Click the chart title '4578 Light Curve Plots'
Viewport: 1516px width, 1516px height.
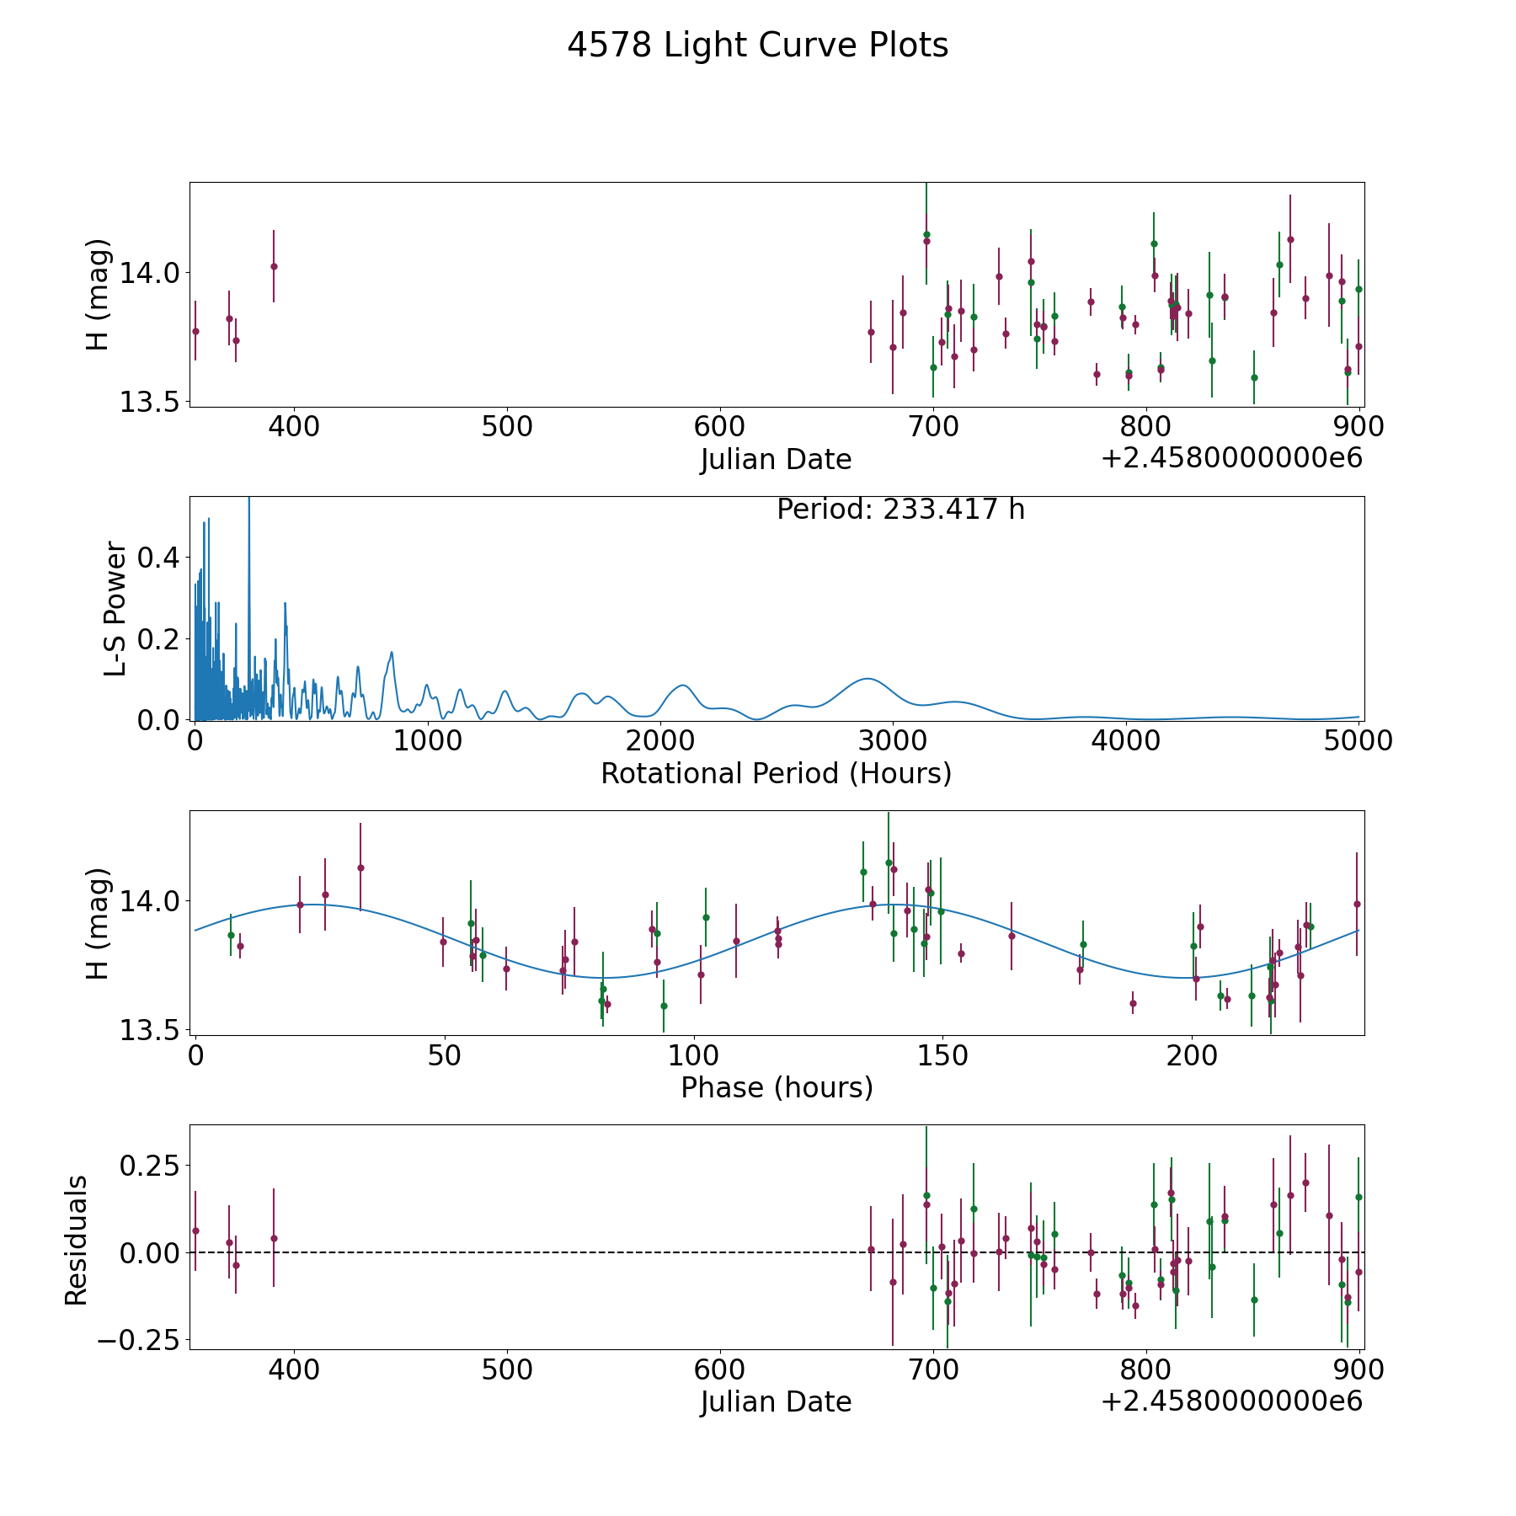757,45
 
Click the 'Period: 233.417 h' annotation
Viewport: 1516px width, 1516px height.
900,510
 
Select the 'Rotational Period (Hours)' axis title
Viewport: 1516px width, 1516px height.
776,773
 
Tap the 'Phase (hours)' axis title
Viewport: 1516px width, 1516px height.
777,1087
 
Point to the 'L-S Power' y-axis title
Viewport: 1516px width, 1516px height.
115,609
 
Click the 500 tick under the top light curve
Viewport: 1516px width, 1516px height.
507,427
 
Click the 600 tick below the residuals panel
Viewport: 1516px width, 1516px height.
720,1370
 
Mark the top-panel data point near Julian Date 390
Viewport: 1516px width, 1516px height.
274,266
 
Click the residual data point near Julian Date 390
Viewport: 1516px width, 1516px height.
274,1238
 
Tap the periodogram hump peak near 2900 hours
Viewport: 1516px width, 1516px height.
867,679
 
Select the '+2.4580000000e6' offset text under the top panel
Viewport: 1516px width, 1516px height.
1231,459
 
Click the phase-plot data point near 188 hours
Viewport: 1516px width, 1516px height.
1133,1003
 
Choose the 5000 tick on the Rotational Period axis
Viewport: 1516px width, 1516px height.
1358,741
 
